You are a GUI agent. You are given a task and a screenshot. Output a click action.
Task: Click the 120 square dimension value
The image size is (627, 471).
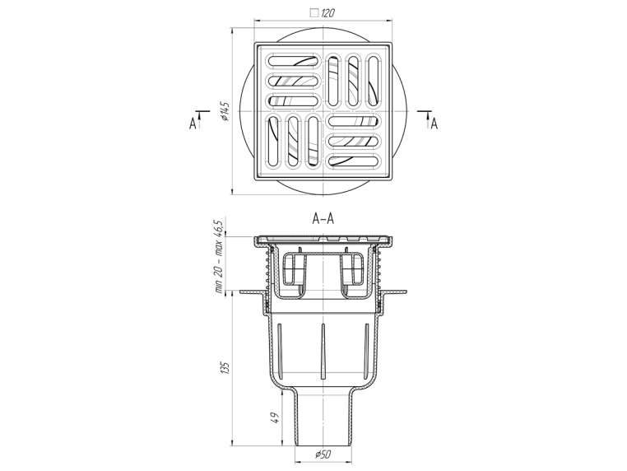click(327, 13)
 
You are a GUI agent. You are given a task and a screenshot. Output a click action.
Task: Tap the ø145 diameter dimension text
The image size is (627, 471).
click(225, 111)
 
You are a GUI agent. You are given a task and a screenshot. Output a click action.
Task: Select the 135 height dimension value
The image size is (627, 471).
click(225, 368)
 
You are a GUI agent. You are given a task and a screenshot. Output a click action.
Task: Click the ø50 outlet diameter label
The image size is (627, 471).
click(323, 455)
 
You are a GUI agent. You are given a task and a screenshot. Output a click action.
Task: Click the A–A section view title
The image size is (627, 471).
click(323, 219)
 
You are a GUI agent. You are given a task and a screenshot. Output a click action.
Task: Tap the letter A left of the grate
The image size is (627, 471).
click(193, 124)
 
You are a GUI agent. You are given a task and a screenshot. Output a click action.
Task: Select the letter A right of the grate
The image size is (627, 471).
click(434, 124)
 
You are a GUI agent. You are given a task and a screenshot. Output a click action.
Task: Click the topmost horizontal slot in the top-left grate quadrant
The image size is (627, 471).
click(294, 61)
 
